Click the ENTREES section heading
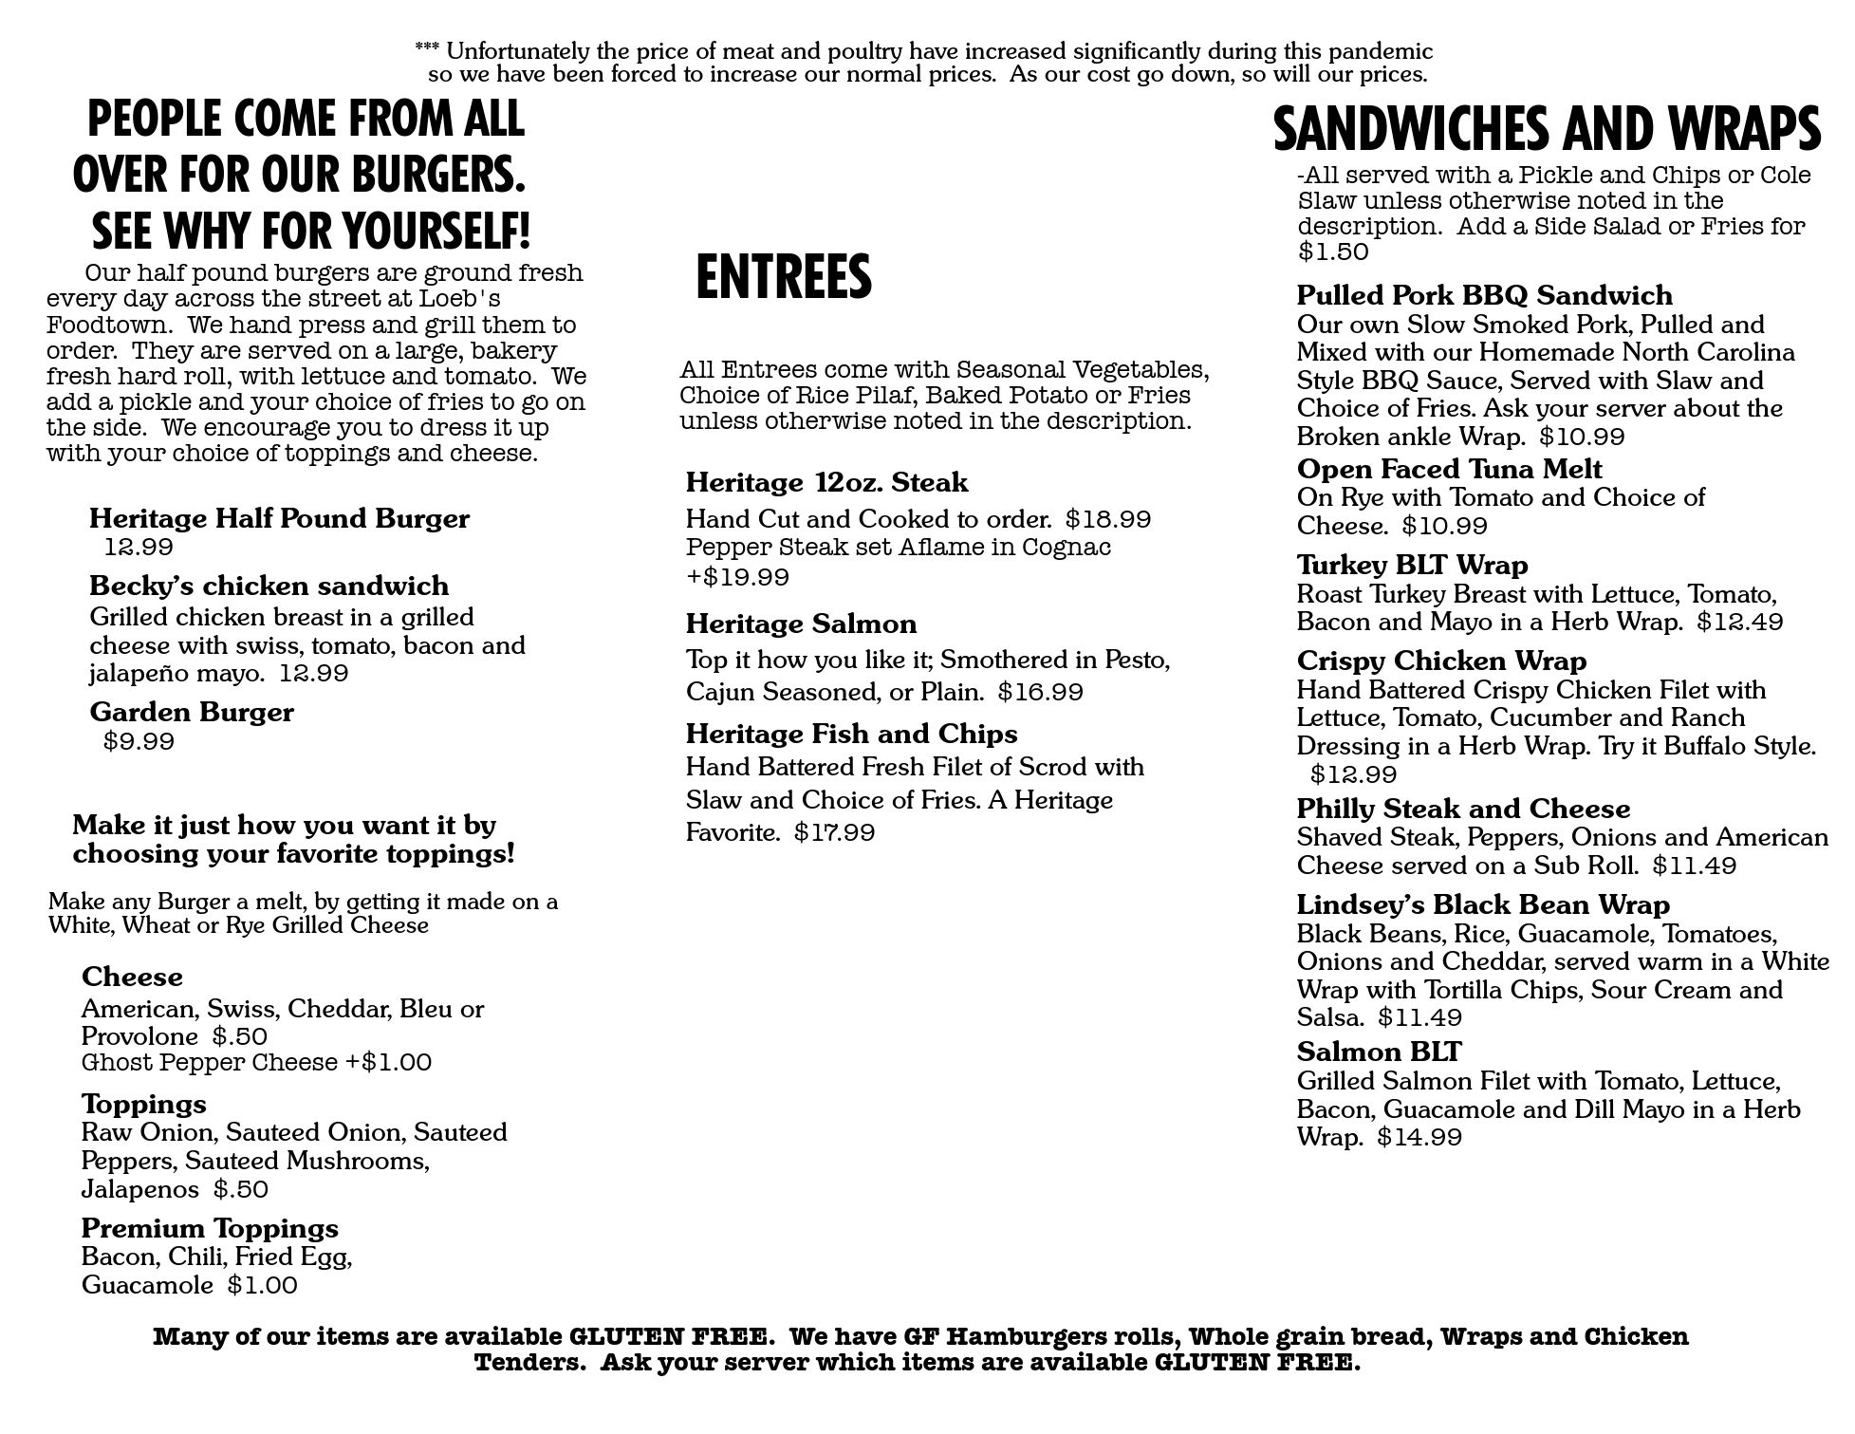783,277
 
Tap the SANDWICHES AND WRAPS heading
1546,129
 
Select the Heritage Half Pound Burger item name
279,519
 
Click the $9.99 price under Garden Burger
139,741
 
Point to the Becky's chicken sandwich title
269,586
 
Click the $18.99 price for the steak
1107,520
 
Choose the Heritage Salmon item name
801,624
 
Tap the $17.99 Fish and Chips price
834,833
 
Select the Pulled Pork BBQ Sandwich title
1484,295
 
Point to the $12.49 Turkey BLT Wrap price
1739,623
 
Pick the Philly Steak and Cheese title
1463,810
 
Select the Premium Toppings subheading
210,1228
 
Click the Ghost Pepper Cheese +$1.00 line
256,1062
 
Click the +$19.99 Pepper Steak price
737,577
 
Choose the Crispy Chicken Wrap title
1441,661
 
